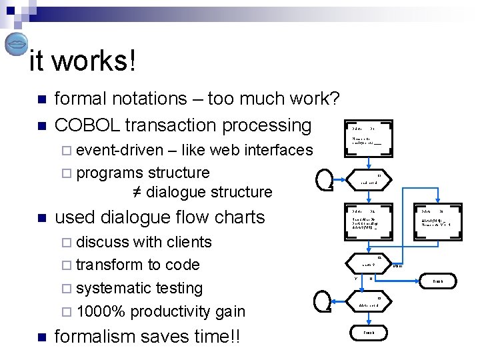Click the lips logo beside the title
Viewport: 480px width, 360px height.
pos(16,45)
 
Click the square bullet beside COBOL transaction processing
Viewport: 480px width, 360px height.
pos(41,126)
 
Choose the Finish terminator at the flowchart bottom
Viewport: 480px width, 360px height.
pos(368,332)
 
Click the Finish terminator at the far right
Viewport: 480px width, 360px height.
pos(437,282)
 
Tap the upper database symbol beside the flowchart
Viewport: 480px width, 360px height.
pos(323,177)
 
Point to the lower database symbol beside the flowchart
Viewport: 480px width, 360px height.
pos(323,301)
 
